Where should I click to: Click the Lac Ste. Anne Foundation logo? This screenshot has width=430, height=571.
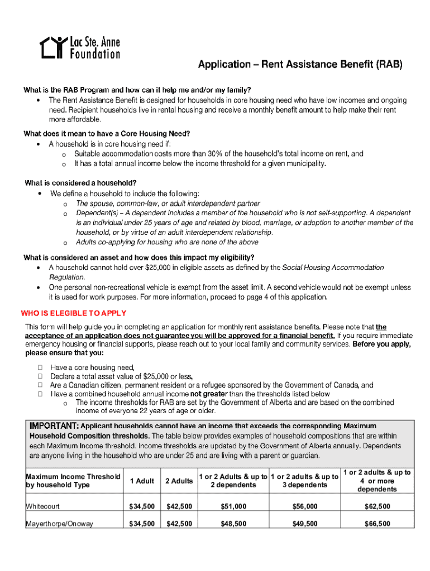pyautogui.click(x=80, y=48)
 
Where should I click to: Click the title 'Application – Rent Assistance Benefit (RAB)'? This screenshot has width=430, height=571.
pyautogui.click(x=300, y=65)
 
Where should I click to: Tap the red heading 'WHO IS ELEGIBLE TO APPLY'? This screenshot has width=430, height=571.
pyautogui.click(x=73, y=313)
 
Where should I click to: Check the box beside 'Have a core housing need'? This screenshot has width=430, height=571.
pyautogui.click(x=40, y=367)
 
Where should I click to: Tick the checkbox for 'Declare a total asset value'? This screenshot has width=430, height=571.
pyautogui.click(x=40, y=376)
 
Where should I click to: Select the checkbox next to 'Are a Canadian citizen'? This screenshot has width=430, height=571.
pyautogui.click(x=40, y=385)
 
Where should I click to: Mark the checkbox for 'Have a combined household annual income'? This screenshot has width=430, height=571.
pyautogui.click(x=40, y=394)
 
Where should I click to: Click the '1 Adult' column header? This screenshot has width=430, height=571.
pyautogui.click(x=142, y=481)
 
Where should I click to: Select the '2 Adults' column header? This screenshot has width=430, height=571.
pyautogui.click(x=179, y=481)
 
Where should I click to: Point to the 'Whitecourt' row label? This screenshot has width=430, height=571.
pyautogui.click(x=43, y=506)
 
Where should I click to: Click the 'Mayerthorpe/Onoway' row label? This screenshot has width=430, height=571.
pyautogui.click(x=60, y=524)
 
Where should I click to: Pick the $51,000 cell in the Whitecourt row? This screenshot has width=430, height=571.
pyautogui.click(x=233, y=506)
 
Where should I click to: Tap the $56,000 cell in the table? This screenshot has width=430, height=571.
pyautogui.click(x=304, y=506)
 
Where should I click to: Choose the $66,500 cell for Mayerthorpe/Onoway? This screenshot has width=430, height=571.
pyautogui.click(x=377, y=524)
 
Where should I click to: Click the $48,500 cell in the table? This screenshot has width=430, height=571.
pyautogui.click(x=233, y=524)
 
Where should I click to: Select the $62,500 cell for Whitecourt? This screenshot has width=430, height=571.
pyautogui.click(x=377, y=506)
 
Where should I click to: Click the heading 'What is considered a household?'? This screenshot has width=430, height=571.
pyautogui.click(x=81, y=183)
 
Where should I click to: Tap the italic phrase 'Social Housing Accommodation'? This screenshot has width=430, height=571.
pyautogui.click(x=333, y=268)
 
